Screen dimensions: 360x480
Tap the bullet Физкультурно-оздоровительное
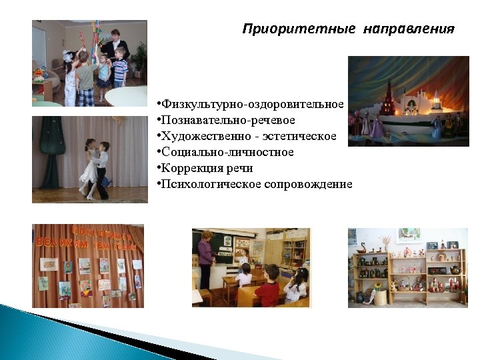[251, 105]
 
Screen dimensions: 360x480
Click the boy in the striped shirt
[120, 67]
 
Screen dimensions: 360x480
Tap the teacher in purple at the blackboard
[205, 260]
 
